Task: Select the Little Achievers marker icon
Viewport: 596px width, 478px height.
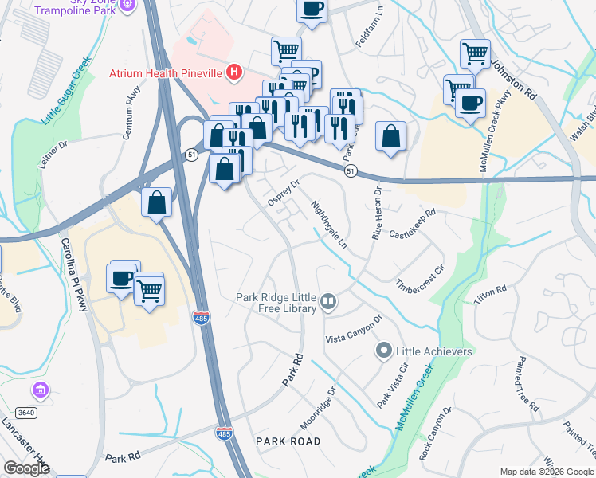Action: coord(384,351)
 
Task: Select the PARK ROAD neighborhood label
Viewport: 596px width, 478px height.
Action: coord(288,441)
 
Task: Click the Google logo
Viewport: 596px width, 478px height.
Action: coord(27,468)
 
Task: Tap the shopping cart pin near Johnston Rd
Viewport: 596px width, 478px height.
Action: coord(475,53)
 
